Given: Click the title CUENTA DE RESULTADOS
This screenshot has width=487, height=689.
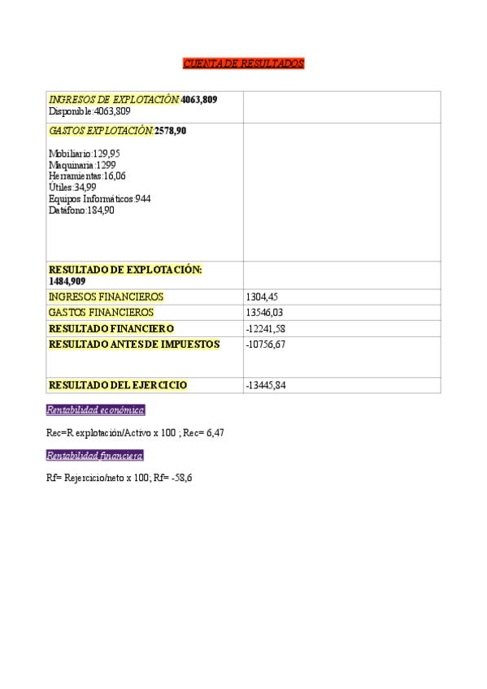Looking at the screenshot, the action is (243, 63).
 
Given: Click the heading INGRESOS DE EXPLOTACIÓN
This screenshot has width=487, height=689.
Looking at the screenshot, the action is (114, 99).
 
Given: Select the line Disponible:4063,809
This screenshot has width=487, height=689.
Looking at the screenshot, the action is (89, 110).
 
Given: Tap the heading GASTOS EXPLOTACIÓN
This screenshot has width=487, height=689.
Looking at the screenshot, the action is (101, 130).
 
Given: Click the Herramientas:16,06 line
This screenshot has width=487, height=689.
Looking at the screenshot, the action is (87, 175).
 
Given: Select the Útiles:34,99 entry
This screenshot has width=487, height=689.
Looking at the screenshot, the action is (72, 187).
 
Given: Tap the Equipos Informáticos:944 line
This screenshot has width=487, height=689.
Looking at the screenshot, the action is (99, 198).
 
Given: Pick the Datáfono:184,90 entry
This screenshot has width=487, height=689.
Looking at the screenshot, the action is (81, 210).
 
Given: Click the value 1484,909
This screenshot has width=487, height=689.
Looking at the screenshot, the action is (67, 281).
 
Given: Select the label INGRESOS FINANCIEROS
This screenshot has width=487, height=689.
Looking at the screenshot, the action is (106, 297).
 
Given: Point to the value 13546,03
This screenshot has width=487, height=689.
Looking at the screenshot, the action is (265, 312).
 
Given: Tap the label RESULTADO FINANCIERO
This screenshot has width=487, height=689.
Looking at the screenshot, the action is (111, 328).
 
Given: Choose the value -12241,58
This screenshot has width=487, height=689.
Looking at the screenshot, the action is (265, 328).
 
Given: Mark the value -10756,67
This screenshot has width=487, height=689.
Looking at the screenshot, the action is (265, 344).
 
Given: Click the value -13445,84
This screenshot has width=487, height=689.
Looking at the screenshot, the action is (265, 385).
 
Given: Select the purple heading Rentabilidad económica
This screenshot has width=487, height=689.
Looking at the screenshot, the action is (95, 410).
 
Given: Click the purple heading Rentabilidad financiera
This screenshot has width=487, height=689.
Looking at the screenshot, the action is (94, 456).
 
